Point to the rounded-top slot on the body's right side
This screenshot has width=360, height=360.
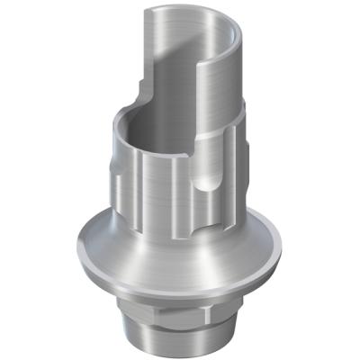coord(205,184)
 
